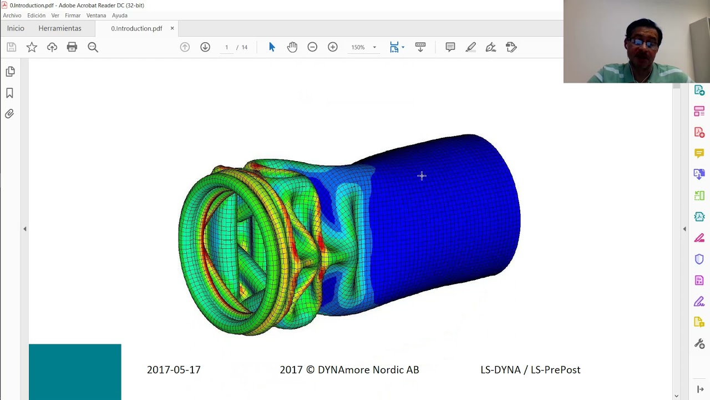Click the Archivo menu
pyautogui.click(x=12, y=16)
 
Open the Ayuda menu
pyautogui.click(x=119, y=16)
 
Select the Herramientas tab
pyautogui.click(x=60, y=28)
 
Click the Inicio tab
pyautogui.click(x=16, y=28)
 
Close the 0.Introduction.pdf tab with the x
pyautogui.click(x=172, y=28)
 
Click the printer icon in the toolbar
pyautogui.click(x=72, y=47)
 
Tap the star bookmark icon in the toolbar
pyautogui.click(x=32, y=47)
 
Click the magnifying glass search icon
pyautogui.click(x=93, y=47)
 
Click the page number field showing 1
pyautogui.click(x=226, y=47)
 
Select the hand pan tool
pyautogui.click(x=292, y=47)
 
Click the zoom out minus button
pyautogui.click(x=312, y=47)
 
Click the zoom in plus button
pyautogui.click(x=333, y=47)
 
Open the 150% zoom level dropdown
pyautogui.click(x=374, y=47)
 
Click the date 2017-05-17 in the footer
pyautogui.click(x=174, y=370)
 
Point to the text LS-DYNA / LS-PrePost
pyautogui.click(x=530, y=370)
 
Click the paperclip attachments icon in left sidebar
pyautogui.click(x=10, y=114)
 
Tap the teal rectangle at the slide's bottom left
pyautogui.click(x=75, y=371)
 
